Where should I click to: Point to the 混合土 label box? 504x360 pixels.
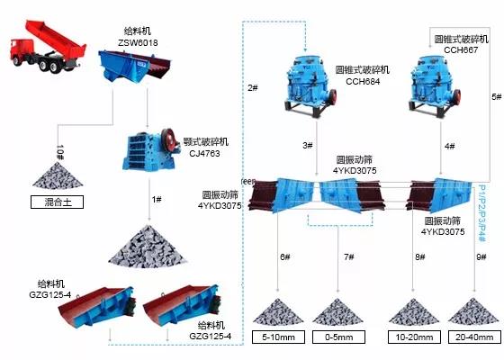57,202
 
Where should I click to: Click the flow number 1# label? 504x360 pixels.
157,199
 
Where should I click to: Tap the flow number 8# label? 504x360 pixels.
419,257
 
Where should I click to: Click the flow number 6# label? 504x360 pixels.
284,257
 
